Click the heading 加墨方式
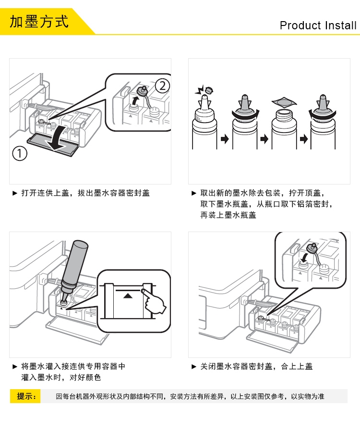pyautogui.click(x=39, y=22)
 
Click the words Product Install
pyautogui.click(x=318, y=25)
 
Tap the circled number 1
pyautogui.click(x=20, y=153)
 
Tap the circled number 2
pyautogui.click(x=162, y=86)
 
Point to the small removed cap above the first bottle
pyautogui.click(x=209, y=90)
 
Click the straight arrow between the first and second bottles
pyautogui.click(x=225, y=139)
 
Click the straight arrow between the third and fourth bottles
pyautogui.click(x=303, y=139)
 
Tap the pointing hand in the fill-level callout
pyautogui.click(x=154, y=301)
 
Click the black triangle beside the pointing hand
pyautogui.click(x=128, y=295)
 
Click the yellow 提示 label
pyautogui.click(x=25, y=396)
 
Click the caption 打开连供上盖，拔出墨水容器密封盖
pyautogui.click(x=85, y=193)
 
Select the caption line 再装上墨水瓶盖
pyautogui.click(x=228, y=215)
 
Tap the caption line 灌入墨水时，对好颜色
pyautogui.click(x=61, y=377)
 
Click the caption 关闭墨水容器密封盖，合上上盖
pyautogui.click(x=256, y=367)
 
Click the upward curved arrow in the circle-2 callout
pyautogui.click(x=134, y=100)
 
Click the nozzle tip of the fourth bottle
pyautogui.click(x=324, y=96)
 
